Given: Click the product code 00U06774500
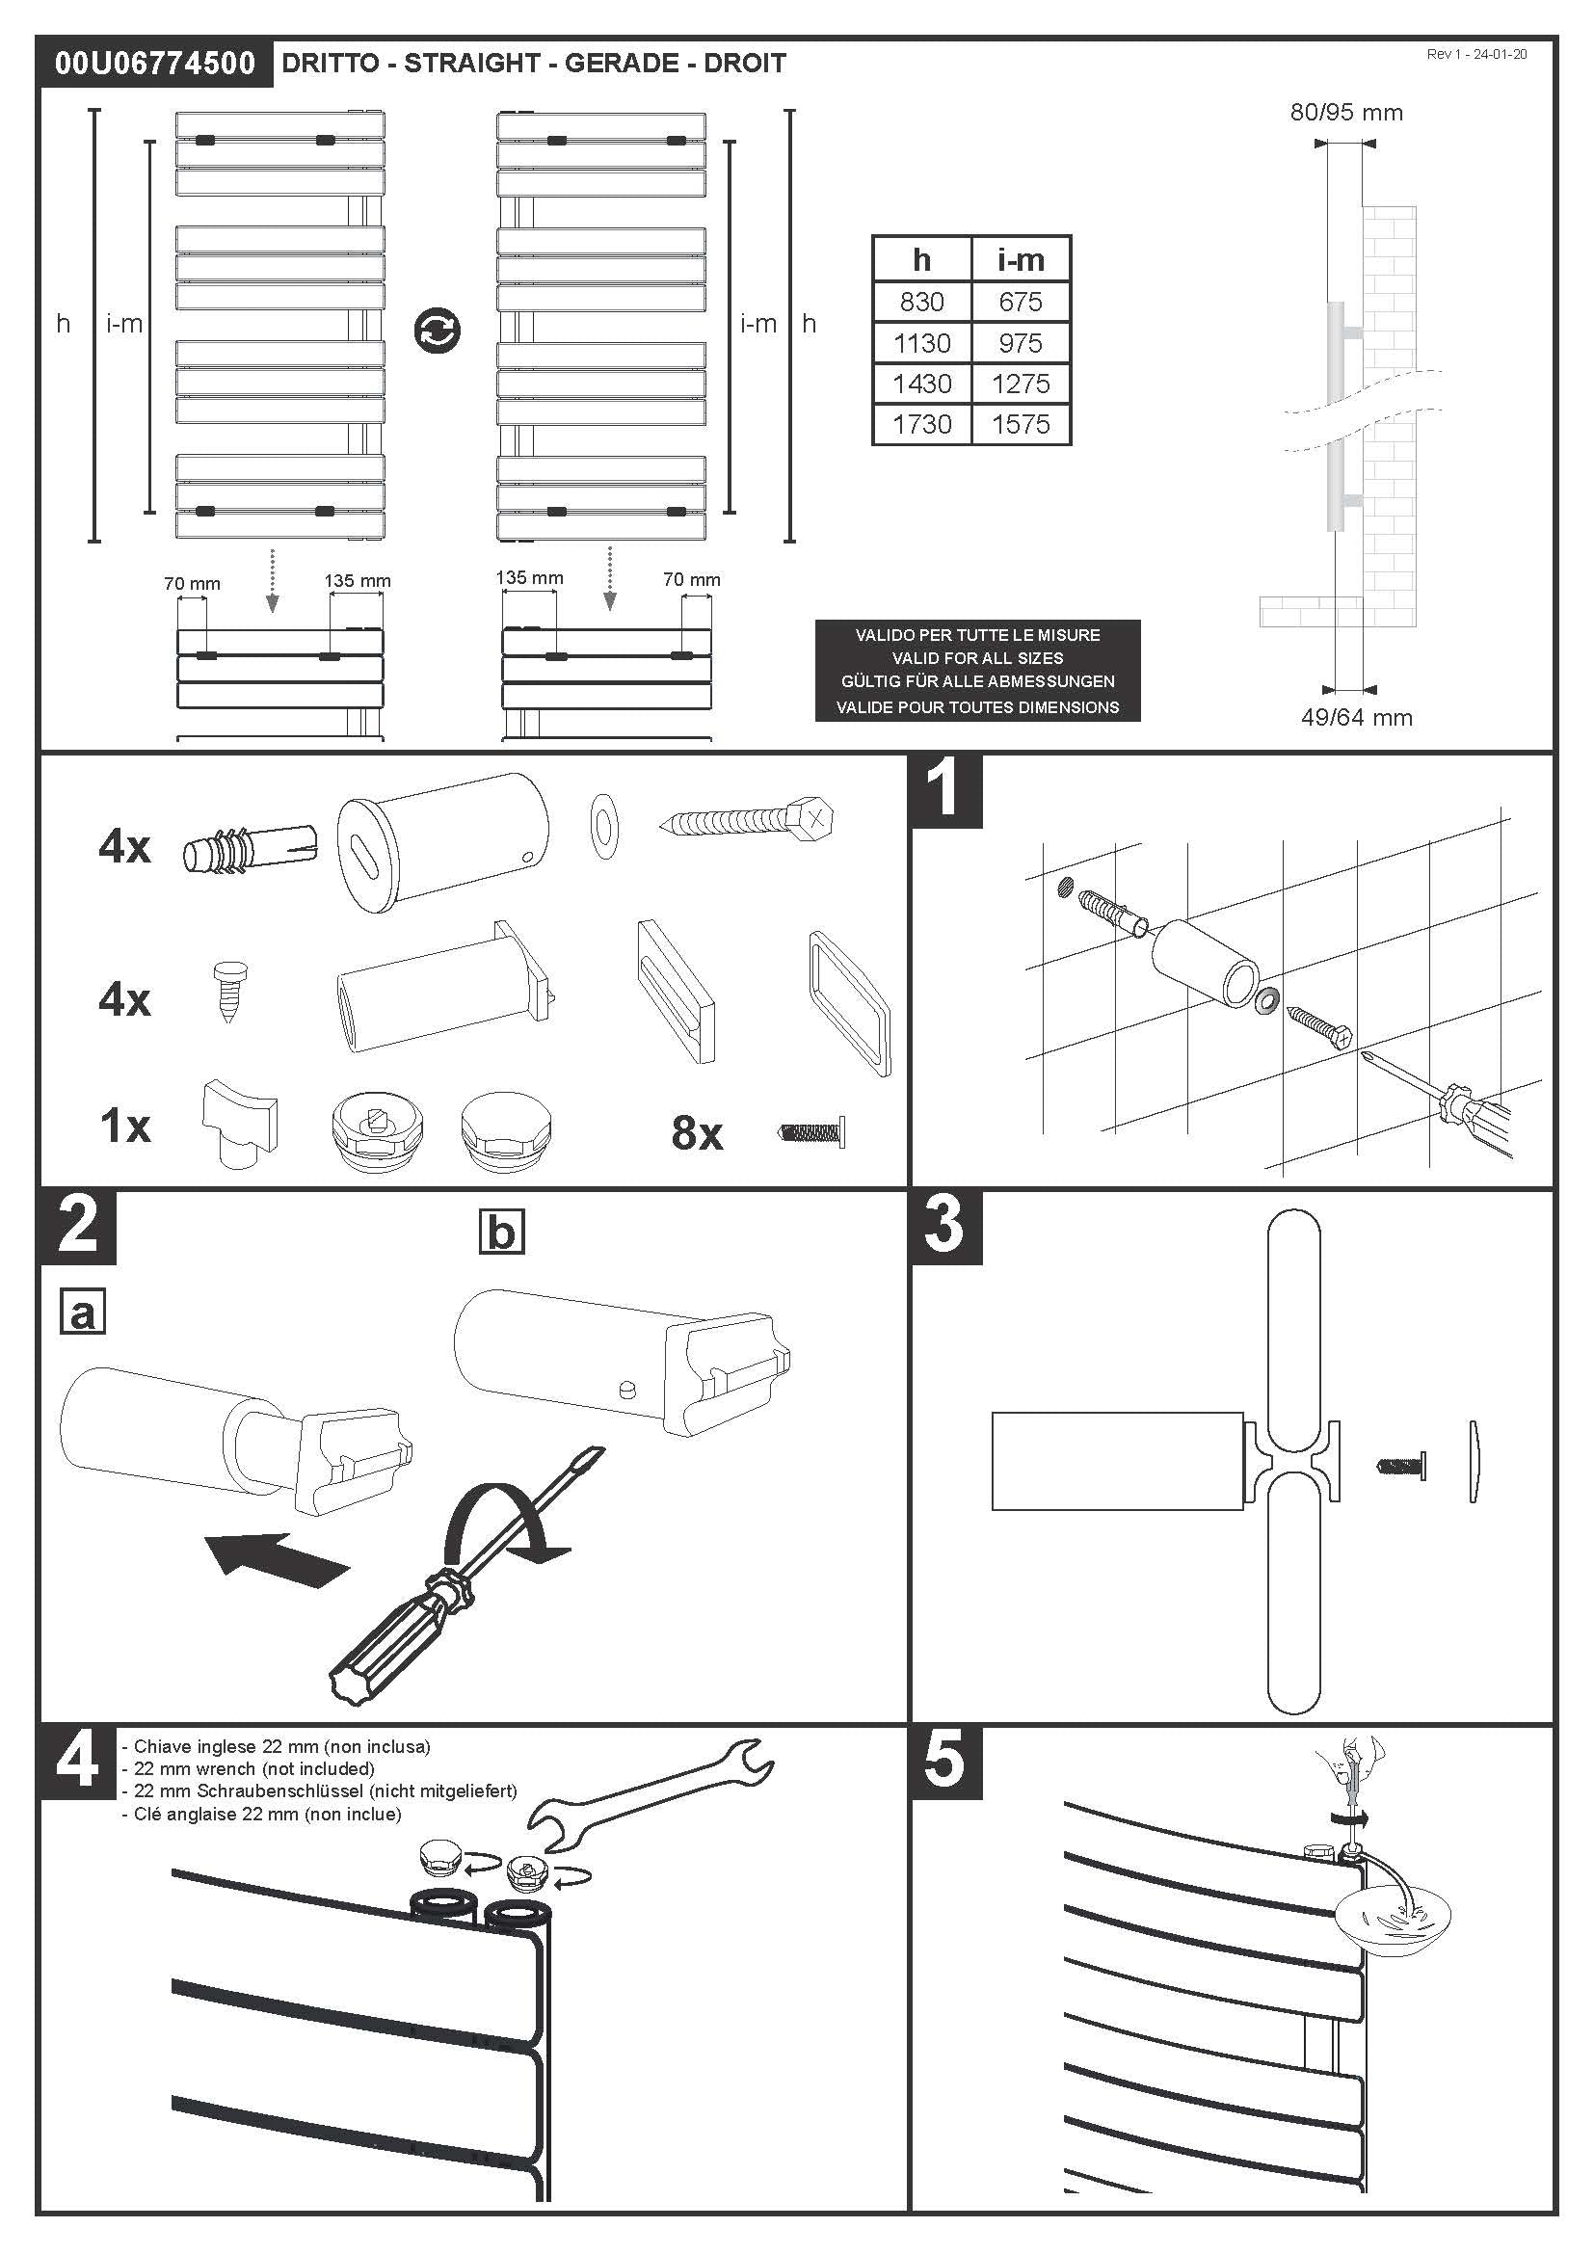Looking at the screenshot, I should click(x=155, y=64).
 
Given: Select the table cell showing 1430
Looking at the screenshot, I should click(x=921, y=384).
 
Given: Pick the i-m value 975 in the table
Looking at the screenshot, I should click(x=1021, y=343).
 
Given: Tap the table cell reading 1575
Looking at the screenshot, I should click(x=1021, y=424).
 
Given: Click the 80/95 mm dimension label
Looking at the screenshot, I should click(x=1345, y=113).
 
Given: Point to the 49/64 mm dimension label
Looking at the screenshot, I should click(x=1357, y=718).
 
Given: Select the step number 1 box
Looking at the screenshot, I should click(x=946, y=789).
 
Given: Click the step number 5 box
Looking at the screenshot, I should click(x=945, y=1762).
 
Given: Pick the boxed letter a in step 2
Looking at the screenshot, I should click(x=83, y=1313).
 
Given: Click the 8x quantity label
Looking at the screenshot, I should click(x=697, y=1133).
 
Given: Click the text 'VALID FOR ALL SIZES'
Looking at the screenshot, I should click(x=977, y=658).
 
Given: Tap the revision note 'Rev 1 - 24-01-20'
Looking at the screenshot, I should click(x=1476, y=55).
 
